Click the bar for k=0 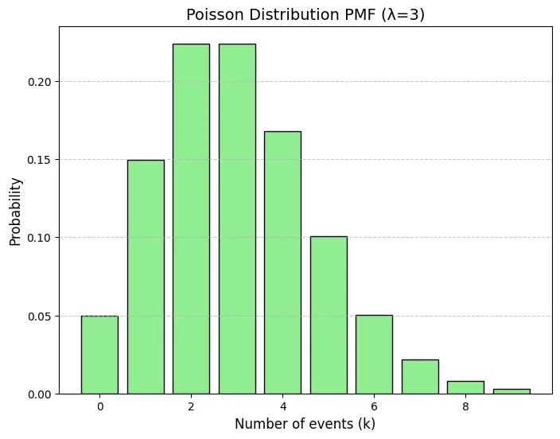(x=99, y=355)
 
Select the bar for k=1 (x=146, y=277)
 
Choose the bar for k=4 (x=282, y=262)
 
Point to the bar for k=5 (x=329, y=315)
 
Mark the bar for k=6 (x=374, y=355)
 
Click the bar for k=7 (x=420, y=377)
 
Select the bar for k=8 (x=465, y=387)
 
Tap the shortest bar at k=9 (x=511, y=391)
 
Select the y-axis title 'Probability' (x=16, y=211)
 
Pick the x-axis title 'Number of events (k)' (x=305, y=424)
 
